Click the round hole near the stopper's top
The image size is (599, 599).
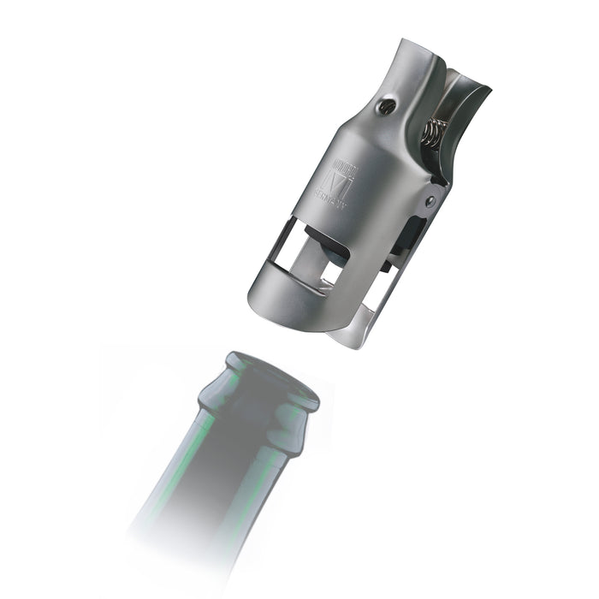tap(384, 106)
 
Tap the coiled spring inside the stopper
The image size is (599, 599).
tap(434, 132)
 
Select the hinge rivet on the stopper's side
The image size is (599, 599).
tap(431, 202)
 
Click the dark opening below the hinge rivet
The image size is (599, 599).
tap(412, 240)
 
